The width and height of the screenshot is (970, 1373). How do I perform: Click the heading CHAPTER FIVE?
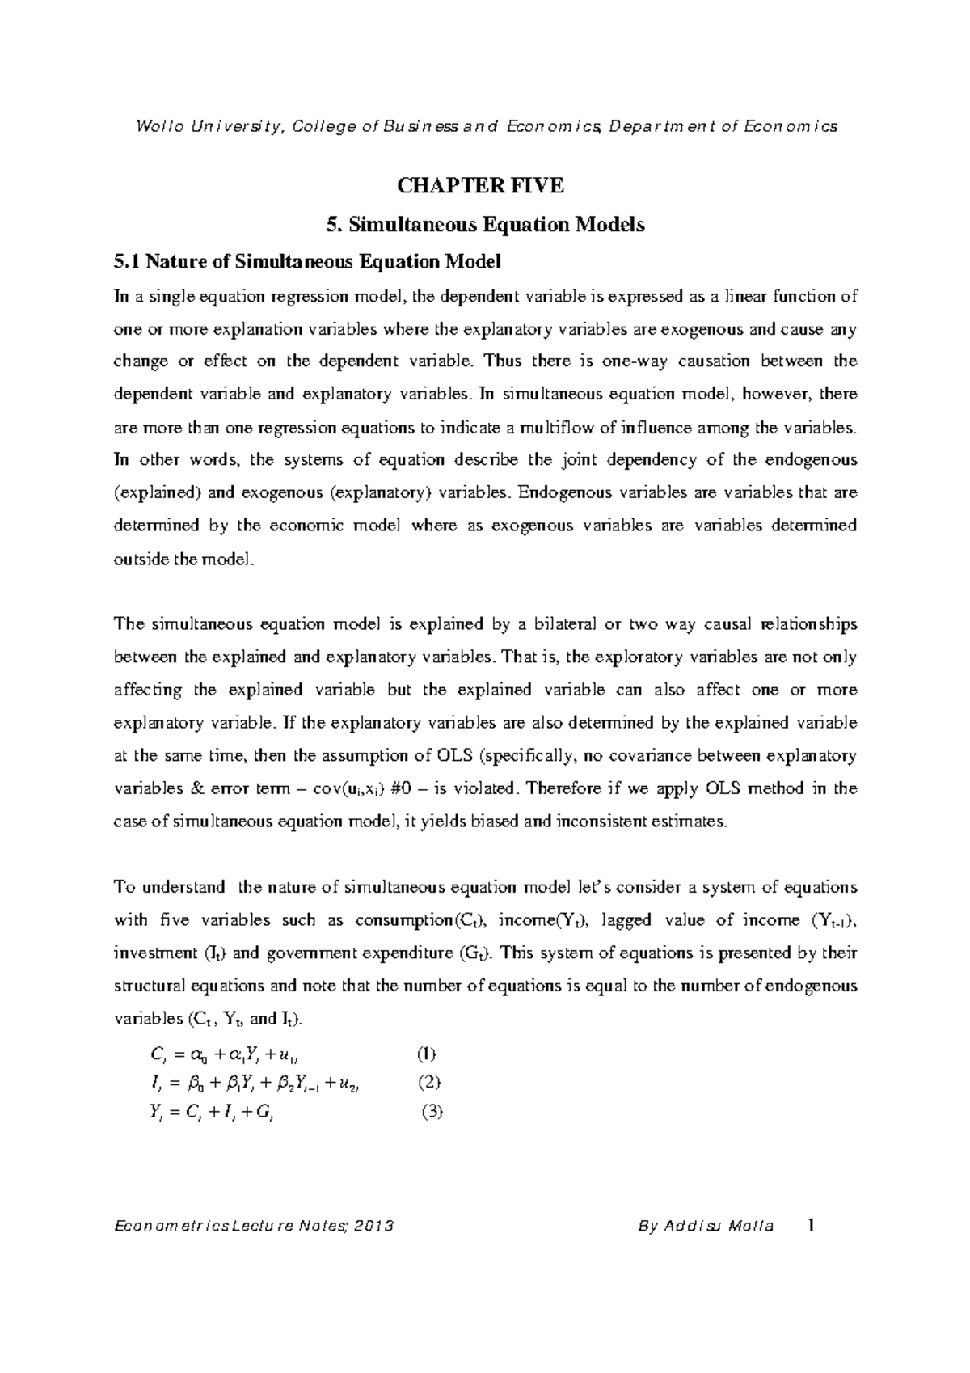pyautogui.click(x=485, y=186)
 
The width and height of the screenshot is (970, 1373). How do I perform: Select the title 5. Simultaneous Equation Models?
pyautogui.click(x=485, y=225)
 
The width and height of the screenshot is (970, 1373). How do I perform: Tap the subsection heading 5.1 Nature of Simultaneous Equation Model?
pyautogui.click(x=308, y=262)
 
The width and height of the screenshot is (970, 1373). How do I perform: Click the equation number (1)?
pyautogui.click(x=426, y=1054)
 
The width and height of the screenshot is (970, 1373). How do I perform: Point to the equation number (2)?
pyautogui.click(x=429, y=1083)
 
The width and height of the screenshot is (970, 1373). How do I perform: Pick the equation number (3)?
pyautogui.click(x=432, y=1112)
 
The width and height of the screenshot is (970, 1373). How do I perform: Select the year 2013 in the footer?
pyautogui.click(x=373, y=1227)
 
